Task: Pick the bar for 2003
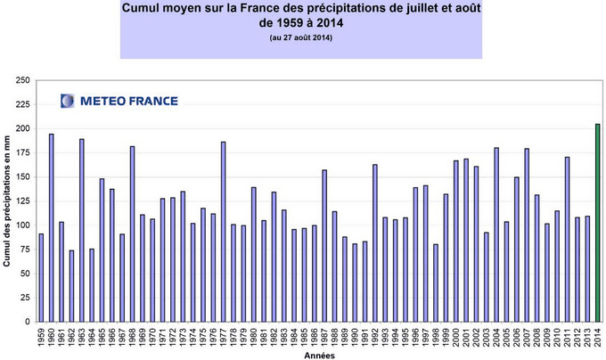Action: (x=487, y=276)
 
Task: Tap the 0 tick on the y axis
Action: (x=28, y=322)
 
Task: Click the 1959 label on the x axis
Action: (x=41, y=339)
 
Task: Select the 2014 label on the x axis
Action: (x=597, y=339)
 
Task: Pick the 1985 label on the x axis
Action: (x=304, y=339)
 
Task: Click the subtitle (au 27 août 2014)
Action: (x=300, y=38)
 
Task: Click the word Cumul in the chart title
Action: (x=148, y=9)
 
